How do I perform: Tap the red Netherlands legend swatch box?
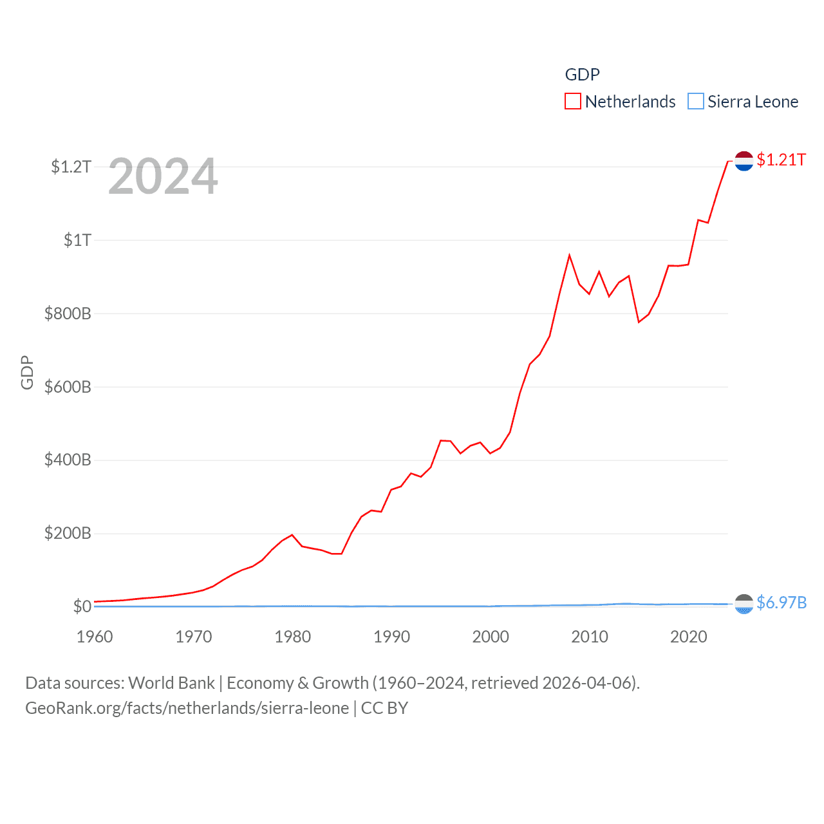click(x=572, y=102)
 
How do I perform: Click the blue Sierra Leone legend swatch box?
click(x=696, y=102)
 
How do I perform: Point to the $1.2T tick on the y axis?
click(x=71, y=167)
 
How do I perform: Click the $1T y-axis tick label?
click(x=77, y=241)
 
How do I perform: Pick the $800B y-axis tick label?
click(x=68, y=314)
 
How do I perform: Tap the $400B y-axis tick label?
click(x=68, y=460)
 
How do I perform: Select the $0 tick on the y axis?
click(x=82, y=606)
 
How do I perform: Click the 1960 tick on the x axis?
click(x=95, y=637)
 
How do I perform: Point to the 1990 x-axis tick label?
click(x=391, y=637)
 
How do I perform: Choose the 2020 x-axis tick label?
click(x=688, y=637)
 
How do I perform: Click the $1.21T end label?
click(x=781, y=160)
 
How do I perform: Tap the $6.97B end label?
click(x=782, y=603)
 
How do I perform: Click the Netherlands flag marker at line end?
click(x=744, y=161)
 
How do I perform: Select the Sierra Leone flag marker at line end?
click(x=744, y=604)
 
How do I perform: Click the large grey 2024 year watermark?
click(x=163, y=177)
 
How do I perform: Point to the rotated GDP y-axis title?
click(x=27, y=372)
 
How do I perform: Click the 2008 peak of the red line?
click(x=569, y=256)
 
